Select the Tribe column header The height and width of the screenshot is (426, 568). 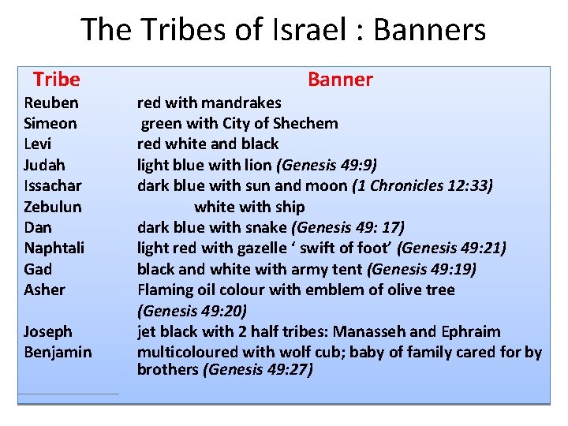(x=57, y=80)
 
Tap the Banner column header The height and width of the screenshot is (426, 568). (x=340, y=80)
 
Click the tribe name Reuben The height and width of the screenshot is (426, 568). (x=51, y=103)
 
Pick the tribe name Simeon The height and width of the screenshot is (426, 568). (x=50, y=123)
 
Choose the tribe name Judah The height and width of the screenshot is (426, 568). (x=45, y=165)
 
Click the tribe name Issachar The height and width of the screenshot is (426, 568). (x=53, y=186)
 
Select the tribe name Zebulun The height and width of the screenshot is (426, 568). (x=53, y=207)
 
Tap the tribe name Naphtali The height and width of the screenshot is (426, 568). (x=54, y=248)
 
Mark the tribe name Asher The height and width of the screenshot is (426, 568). (x=45, y=290)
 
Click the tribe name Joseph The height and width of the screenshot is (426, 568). (x=48, y=331)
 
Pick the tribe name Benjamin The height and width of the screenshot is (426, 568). (x=58, y=352)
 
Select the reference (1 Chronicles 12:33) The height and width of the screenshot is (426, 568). (x=422, y=186)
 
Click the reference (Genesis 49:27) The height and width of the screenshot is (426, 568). (x=258, y=369)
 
